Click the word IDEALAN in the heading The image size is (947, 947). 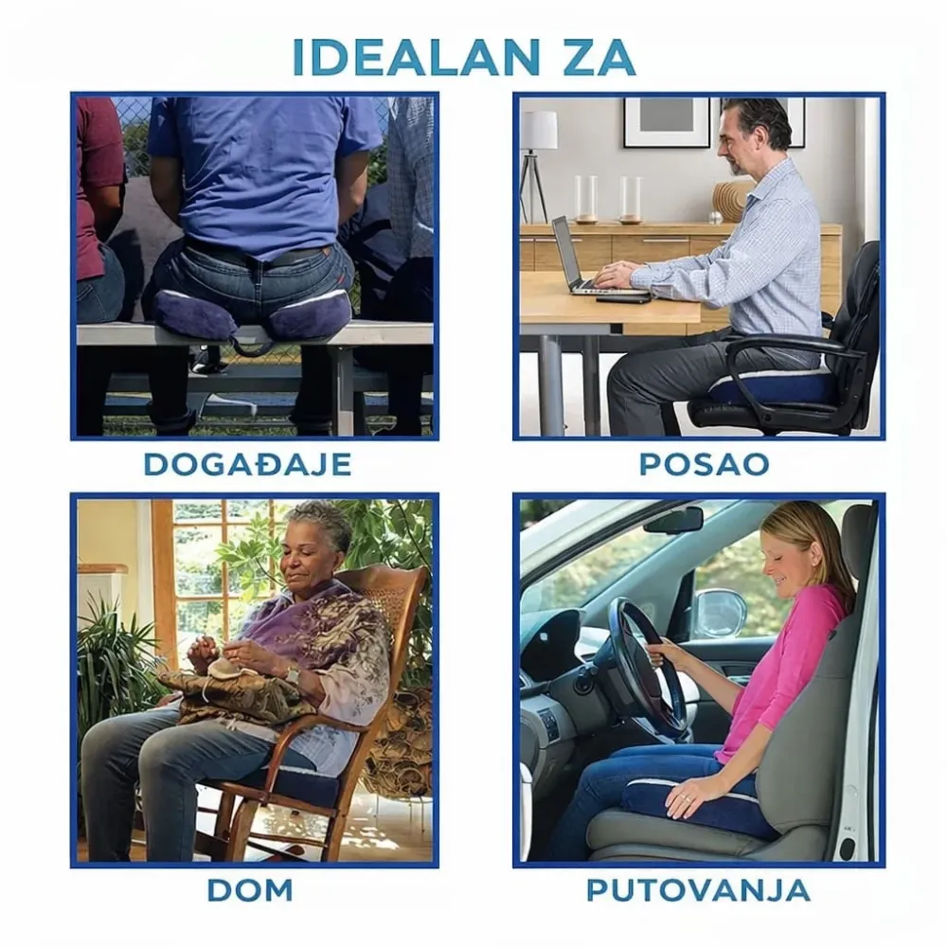pyautogui.click(x=416, y=58)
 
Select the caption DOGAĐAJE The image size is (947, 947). pyautogui.click(x=247, y=464)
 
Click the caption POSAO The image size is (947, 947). pyautogui.click(x=705, y=464)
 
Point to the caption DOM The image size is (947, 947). pyautogui.click(x=250, y=890)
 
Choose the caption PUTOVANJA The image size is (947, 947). pyautogui.click(x=698, y=890)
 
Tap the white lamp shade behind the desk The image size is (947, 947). pyautogui.click(x=540, y=131)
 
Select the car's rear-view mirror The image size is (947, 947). pyautogui.click(x=672, y=519)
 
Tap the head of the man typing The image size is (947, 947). pyautogui.click(x=756, y=135)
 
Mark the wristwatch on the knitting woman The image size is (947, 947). pyautogui.click(x=293, y=675)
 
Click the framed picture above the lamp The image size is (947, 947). pyautogui.click(x=667, y=122)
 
